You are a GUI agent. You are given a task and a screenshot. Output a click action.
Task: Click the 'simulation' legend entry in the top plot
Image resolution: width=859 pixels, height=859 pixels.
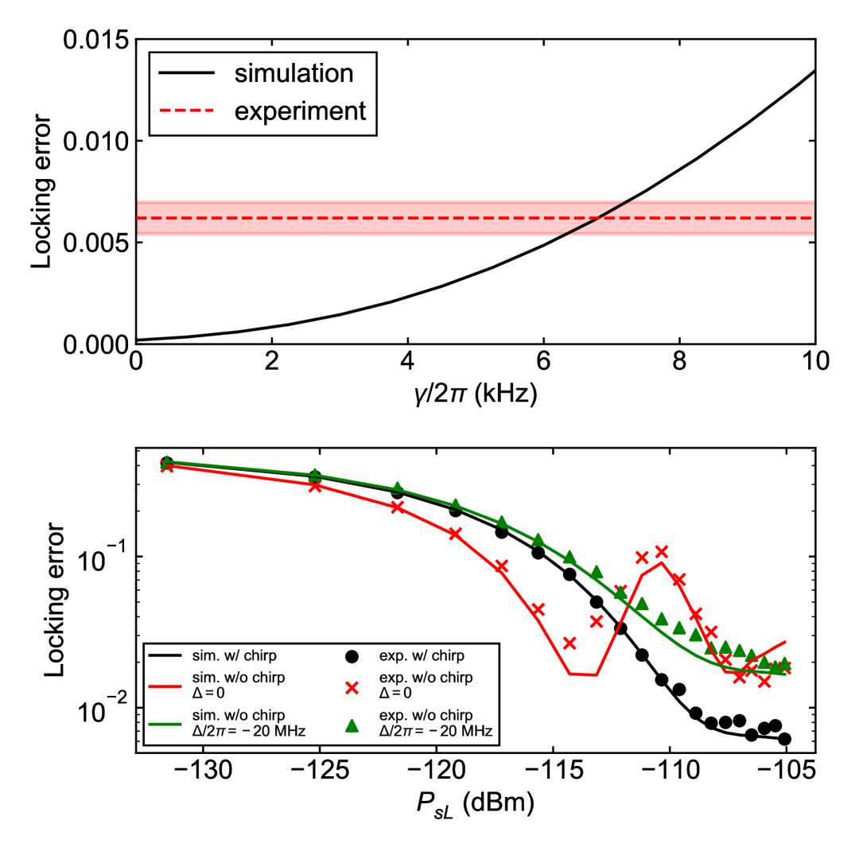[293, 74]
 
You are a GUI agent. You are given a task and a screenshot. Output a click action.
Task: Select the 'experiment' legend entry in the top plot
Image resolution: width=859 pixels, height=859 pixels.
[299, 111]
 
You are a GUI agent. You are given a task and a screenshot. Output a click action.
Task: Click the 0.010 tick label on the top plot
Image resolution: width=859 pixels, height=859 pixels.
[95, 142]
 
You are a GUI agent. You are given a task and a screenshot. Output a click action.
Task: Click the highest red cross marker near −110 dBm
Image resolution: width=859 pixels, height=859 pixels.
[661, 551]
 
